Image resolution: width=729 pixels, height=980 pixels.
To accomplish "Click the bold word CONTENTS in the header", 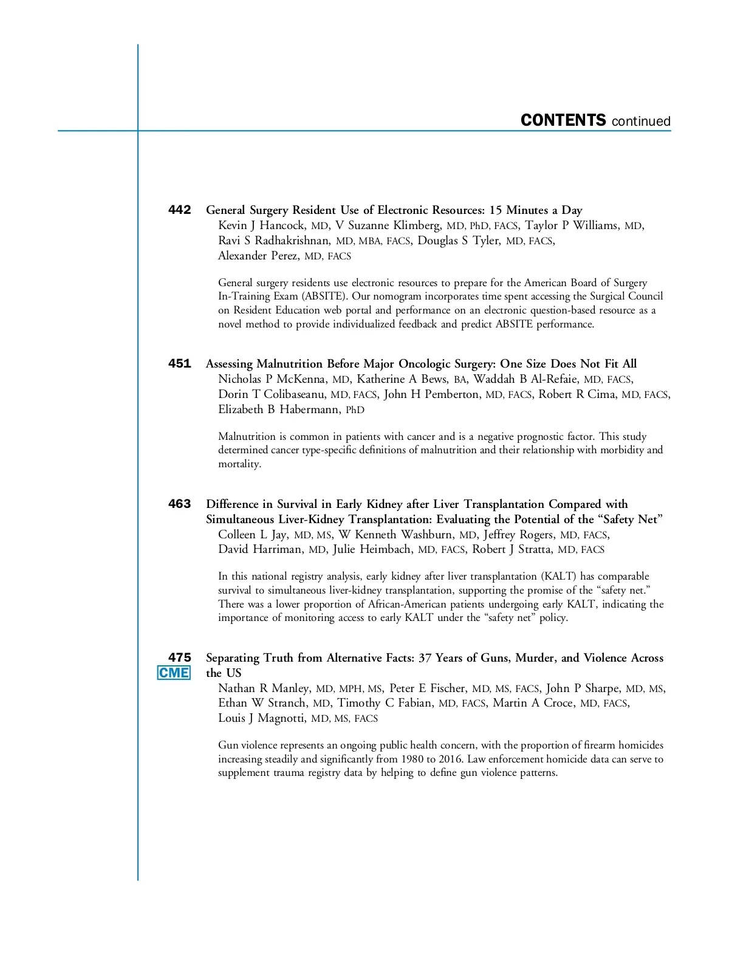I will (x=563, y=120).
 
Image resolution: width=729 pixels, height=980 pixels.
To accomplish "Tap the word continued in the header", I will (x=641, y=122).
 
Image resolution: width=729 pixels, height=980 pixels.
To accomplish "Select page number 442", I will (x=179, y=210).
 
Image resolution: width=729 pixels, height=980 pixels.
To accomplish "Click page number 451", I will (x=179, y=363).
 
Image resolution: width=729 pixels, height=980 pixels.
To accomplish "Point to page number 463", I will (x=179, y=504).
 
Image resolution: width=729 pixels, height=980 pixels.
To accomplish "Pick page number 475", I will (x=179, y=657).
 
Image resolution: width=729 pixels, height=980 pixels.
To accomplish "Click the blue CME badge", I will (x=174, y=673).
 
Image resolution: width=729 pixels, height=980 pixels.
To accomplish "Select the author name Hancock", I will (x=282, y=225).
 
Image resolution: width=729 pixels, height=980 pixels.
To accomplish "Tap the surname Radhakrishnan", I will (x=292, y=241).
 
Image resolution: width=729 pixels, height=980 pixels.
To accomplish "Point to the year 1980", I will (x=412, y=759).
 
